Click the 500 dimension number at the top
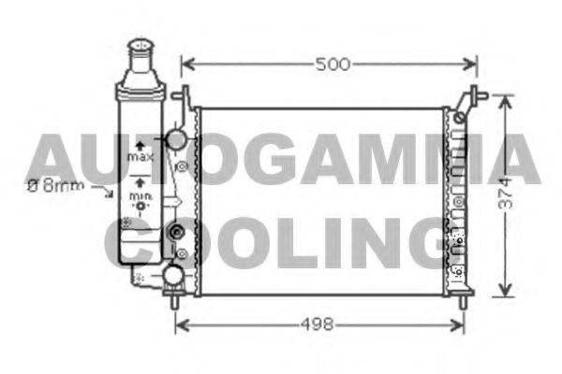pos(332,65)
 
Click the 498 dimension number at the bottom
pos(318,324)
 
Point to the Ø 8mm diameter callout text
pos(55,186)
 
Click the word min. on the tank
pos(140,196)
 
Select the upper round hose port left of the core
pos(174,140)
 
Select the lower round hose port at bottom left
pos(173,274)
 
